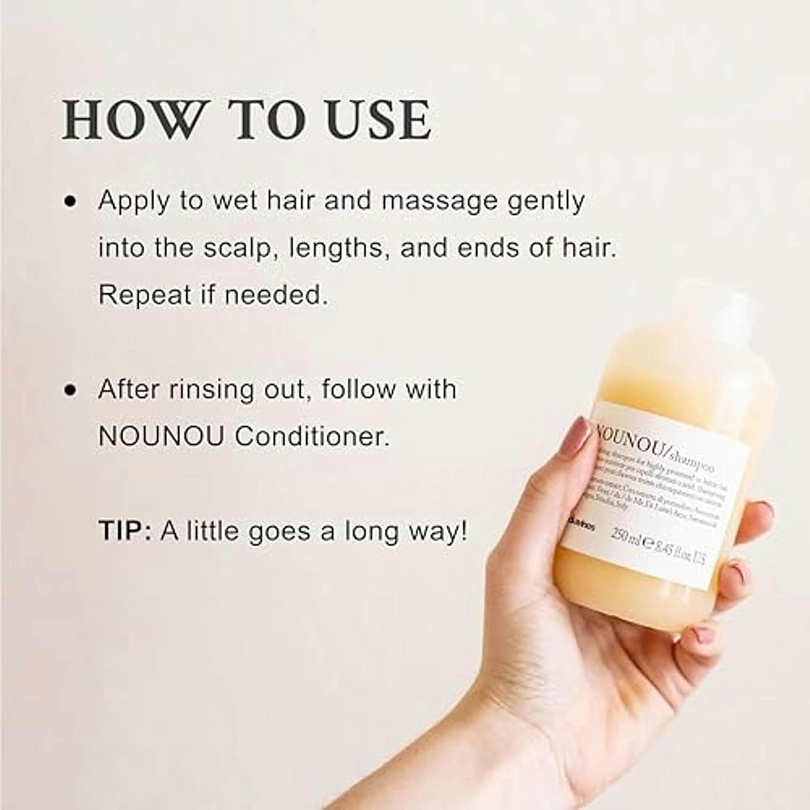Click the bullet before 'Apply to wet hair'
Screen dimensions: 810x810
coord(71,201)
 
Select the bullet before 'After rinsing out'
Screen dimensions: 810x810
coord(71,390)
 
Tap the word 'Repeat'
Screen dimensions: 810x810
coord(145,295)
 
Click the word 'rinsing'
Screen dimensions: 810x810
coord(211,390)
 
